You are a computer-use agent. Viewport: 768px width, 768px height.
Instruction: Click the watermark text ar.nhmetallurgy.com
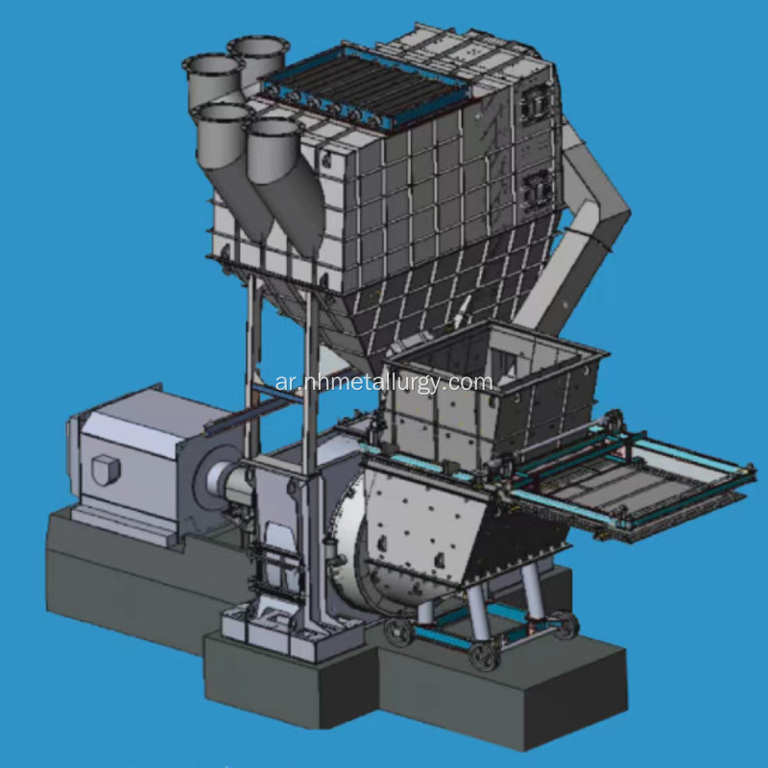[x=383, y=382]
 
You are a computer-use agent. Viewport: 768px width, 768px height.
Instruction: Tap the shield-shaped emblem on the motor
[x=106, y=469]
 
